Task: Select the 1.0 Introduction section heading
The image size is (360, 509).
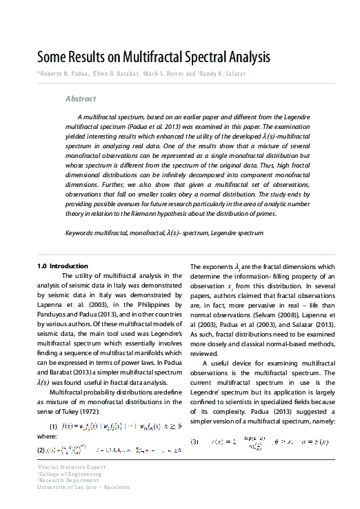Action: pyautogui.click(x=63, y=266)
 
